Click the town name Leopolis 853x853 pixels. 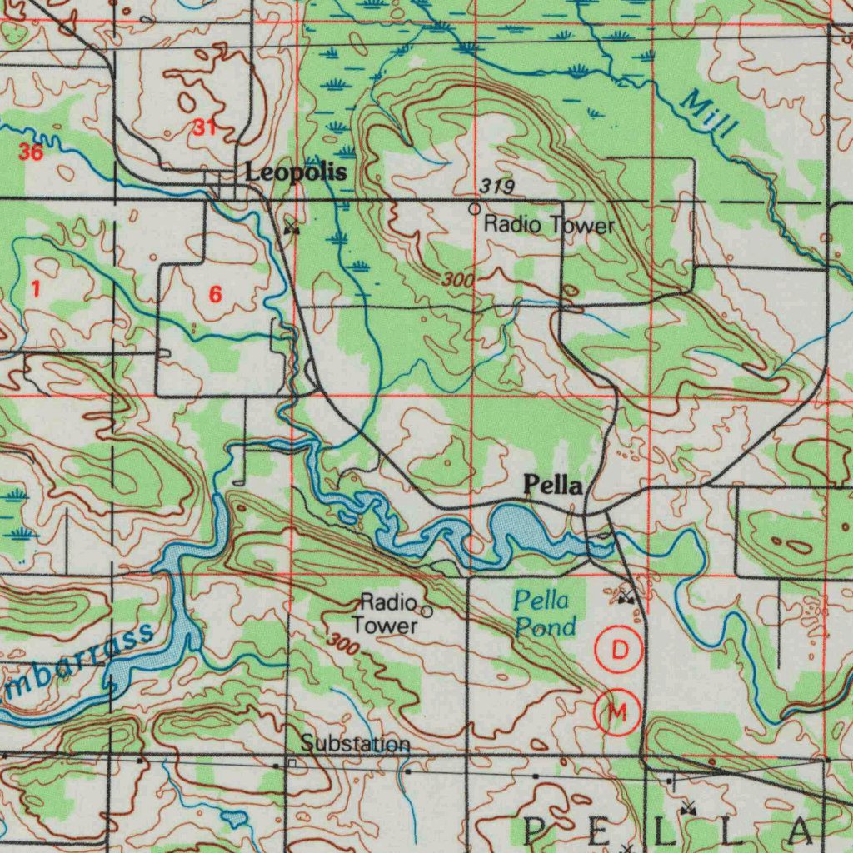[295, 172]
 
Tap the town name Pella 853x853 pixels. [552, 486]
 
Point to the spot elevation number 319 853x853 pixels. [497, 187]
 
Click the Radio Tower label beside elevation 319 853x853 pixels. [550, 224]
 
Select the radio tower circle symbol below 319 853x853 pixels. [474, 208]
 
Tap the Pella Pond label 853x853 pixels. [543, 613]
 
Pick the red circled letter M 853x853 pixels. [617, 712]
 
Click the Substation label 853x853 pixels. [356, 743]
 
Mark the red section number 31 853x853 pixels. [204, 127]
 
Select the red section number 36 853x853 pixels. [31, 152]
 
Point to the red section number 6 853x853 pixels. [216, 294]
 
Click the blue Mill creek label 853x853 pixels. [709, 116]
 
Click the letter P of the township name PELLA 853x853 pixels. [535, 830]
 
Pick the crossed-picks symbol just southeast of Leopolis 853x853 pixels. [291, 227]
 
